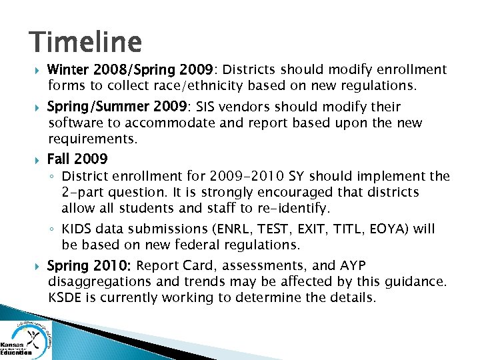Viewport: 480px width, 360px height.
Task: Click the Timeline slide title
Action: point(85,42)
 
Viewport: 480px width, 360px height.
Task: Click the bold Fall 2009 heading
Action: point(77,159)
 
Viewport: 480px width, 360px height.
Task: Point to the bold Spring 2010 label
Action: point(89,265)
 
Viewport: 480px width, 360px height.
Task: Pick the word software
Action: point(73,123)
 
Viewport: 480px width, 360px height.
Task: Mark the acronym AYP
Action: point(351,265)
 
